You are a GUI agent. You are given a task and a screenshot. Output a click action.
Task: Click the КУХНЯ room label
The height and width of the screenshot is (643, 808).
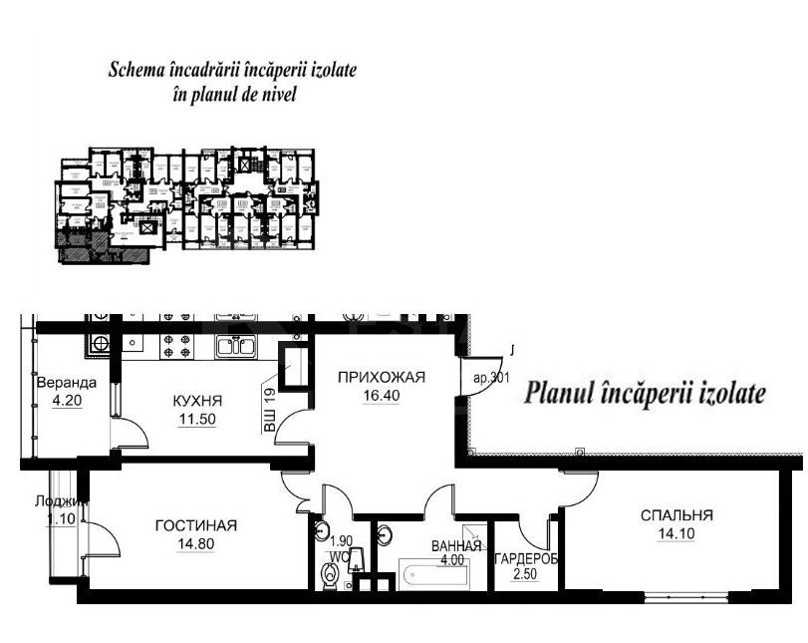pos(196,401)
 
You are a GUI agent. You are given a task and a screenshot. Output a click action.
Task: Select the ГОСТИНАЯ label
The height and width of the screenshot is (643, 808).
pos(196,525)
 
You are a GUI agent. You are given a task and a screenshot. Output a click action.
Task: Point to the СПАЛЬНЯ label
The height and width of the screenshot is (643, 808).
pos(676,515)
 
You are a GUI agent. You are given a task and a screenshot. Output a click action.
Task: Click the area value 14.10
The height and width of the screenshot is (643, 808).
pos(676,532)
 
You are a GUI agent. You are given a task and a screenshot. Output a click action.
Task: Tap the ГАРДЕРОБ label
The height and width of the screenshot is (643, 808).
pos(526,558)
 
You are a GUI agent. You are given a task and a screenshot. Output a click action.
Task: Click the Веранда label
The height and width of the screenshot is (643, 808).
pos(66,383)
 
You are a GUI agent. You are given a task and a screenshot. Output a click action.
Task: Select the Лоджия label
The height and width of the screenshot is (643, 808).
pos(61,502)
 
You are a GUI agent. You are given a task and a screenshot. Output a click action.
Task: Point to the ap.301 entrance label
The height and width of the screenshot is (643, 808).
pos(490,379)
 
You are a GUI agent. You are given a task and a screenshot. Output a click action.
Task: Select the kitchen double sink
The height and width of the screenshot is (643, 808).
pos(238,346)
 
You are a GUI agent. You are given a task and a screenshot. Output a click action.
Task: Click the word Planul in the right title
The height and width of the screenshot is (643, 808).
pos(559,393)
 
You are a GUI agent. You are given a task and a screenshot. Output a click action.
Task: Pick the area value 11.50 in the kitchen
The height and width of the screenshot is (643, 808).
pos(196,419)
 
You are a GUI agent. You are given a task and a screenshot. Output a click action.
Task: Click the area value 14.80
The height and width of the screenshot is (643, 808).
pos(196,543)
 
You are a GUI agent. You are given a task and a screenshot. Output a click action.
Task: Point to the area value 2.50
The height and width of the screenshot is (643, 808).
pos(524,573)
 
